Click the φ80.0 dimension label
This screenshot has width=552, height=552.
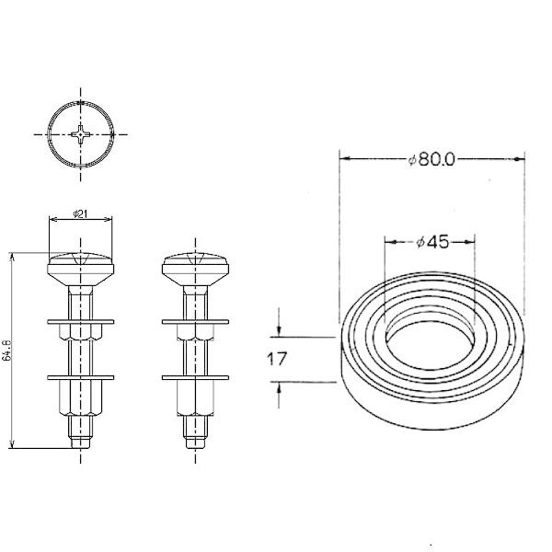pos(432,159)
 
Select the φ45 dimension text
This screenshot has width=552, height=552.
pos(431,243)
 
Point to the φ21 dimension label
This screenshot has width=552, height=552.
pos(81,215)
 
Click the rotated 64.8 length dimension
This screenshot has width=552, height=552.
pos(6,350)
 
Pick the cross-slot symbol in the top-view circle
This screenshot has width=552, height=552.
pos(82,134)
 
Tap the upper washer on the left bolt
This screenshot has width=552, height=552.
pos(81,321)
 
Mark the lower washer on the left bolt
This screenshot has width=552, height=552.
pos(81,377)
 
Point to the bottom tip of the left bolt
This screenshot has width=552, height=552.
pos(81,443)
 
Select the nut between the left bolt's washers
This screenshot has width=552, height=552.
pos(81,349)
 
